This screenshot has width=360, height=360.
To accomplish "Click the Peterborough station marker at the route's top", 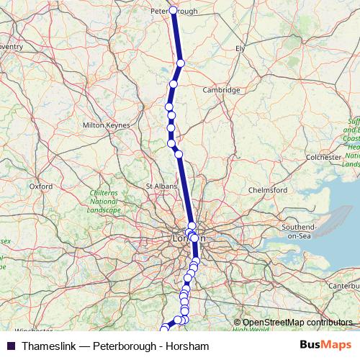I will pyautogui.click(x=173, y=10).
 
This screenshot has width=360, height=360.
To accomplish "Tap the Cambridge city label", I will pyautogui.click(x=221, y=90).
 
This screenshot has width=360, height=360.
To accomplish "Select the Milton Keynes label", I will pyautogui.click(x=107, y=125).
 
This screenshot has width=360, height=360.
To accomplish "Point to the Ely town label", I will pyautogui.click(x=240, y=49).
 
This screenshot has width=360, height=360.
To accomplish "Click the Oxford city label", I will pyautogui.click(x=41, y=186).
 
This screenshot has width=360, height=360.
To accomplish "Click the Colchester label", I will pyautogui.click(x=323, y=156).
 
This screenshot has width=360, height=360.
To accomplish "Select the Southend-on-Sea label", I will pyautogui.click(x=299, y=232).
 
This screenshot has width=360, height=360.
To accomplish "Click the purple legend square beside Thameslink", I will pyautogui.click(x=10, y=346).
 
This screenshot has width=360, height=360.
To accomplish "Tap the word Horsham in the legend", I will pyautogui.click(x=188, y=346).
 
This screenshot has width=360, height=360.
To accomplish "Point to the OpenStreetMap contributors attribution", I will pyautogui.click(x=297, y=322).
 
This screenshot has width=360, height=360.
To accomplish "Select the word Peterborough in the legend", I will pyautogui.click(x=122, y=346).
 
